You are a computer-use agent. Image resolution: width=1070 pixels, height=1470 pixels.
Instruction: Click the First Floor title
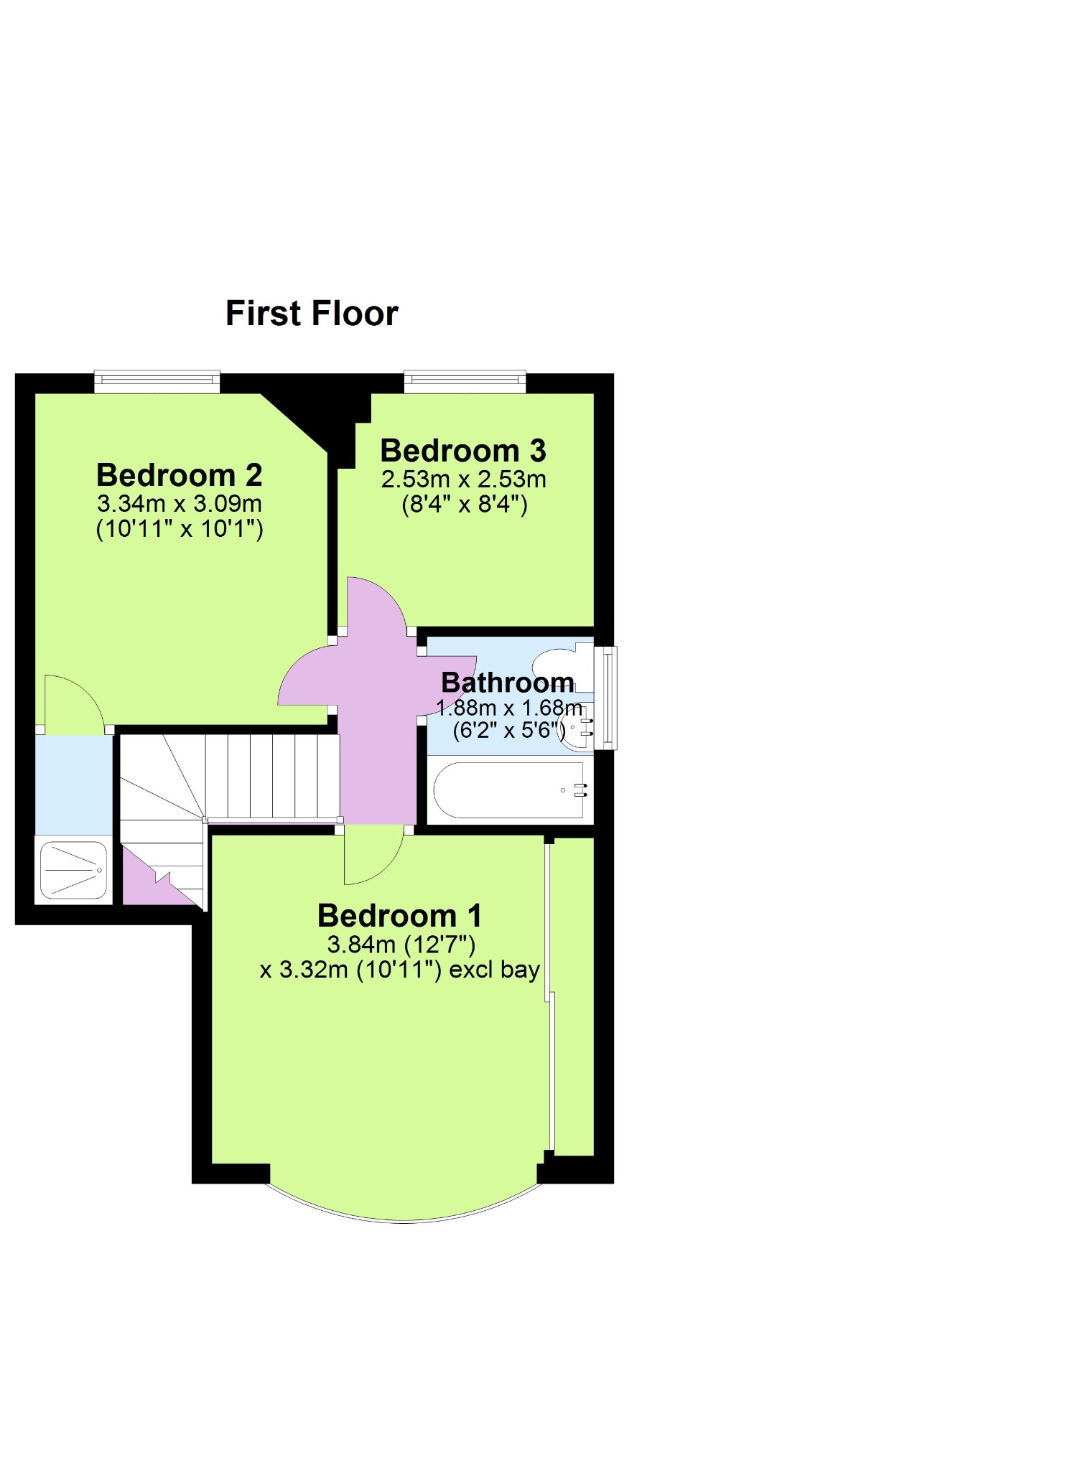coord(312,314)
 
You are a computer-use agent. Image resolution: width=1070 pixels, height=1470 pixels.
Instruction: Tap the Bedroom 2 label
coord(179,475)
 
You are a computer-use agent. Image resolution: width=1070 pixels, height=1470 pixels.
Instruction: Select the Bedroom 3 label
coord(462,451)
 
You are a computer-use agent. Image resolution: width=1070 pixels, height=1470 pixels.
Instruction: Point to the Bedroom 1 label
coord(399,916)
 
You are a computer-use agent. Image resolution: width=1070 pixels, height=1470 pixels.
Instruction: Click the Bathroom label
coord(507,682)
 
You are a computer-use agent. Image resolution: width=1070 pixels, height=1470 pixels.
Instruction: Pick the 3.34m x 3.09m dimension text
coord(179,503)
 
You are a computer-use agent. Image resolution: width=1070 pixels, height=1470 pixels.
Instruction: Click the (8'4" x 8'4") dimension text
coord(464,505)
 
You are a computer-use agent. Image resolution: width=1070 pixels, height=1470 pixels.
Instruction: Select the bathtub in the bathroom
coord(508,790)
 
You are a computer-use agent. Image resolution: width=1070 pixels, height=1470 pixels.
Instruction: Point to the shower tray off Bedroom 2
coord(73,870)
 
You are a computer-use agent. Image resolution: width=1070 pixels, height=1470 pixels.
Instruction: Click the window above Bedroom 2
coord(157,380)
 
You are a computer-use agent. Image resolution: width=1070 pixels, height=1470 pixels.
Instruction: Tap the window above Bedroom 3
coord(465,380)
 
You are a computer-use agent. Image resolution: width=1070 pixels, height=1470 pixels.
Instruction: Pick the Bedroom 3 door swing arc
coord(378,603)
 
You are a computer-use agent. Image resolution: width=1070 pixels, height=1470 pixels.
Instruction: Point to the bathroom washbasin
coord(579,729)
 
